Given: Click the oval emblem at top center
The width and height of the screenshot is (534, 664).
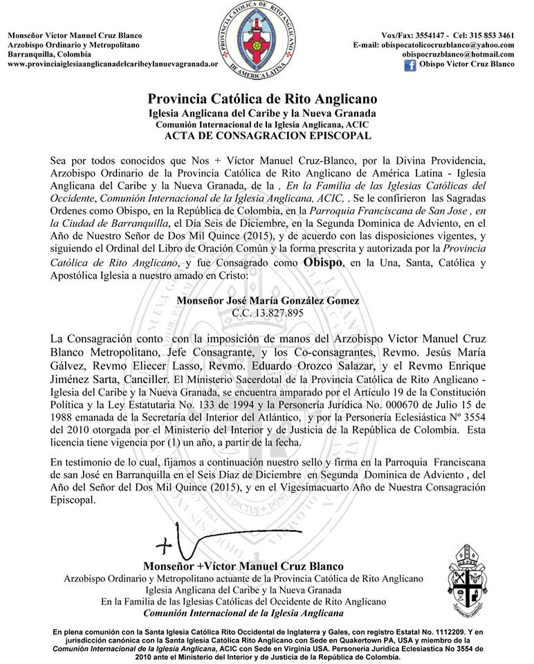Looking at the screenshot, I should point(266,36).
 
